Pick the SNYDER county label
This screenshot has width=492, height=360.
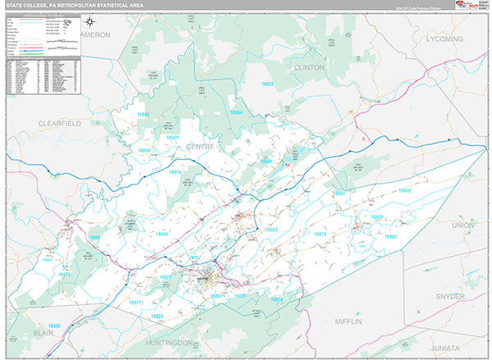point(450,296)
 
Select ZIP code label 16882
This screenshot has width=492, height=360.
point(390,236)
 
